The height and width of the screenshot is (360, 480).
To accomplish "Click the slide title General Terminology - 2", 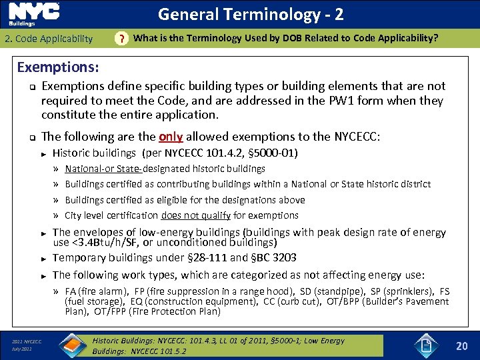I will point(250,14).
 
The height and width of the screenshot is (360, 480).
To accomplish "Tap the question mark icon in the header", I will point(120,39).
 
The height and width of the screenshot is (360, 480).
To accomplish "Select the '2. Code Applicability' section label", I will point(49,39).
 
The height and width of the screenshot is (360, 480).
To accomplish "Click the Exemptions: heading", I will point(58,67).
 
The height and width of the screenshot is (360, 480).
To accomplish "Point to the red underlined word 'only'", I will point(171,137).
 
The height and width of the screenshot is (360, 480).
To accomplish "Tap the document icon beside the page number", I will point(426,345).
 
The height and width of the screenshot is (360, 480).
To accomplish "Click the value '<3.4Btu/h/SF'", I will point(99,243).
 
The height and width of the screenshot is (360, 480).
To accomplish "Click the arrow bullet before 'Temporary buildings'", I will point(43,259).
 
